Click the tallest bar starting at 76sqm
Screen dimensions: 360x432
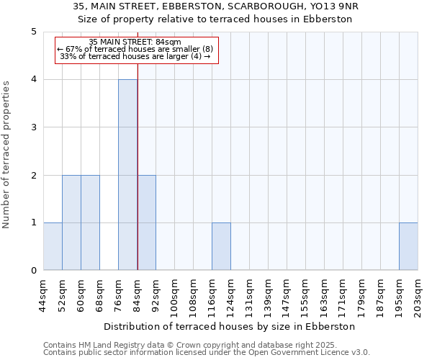click(127, 175)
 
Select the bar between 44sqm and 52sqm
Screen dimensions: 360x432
click(53, 246)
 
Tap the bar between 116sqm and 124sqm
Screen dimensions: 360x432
click(221, 246)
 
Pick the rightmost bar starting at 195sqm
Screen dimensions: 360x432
click(408, 246)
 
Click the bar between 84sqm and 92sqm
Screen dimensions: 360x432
click(146, 222)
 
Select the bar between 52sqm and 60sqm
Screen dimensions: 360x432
click(71, 222)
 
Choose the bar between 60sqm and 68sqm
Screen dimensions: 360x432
click(90, 222)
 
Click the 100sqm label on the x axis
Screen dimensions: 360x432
click(175, 295)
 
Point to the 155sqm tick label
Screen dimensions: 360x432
click(306, 295)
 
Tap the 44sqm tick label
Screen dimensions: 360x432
click(44, 295)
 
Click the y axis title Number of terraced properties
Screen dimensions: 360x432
click(7, 154)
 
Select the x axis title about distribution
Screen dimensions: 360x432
click(230, 326)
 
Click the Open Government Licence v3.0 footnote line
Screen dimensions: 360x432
click(207, 353)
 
